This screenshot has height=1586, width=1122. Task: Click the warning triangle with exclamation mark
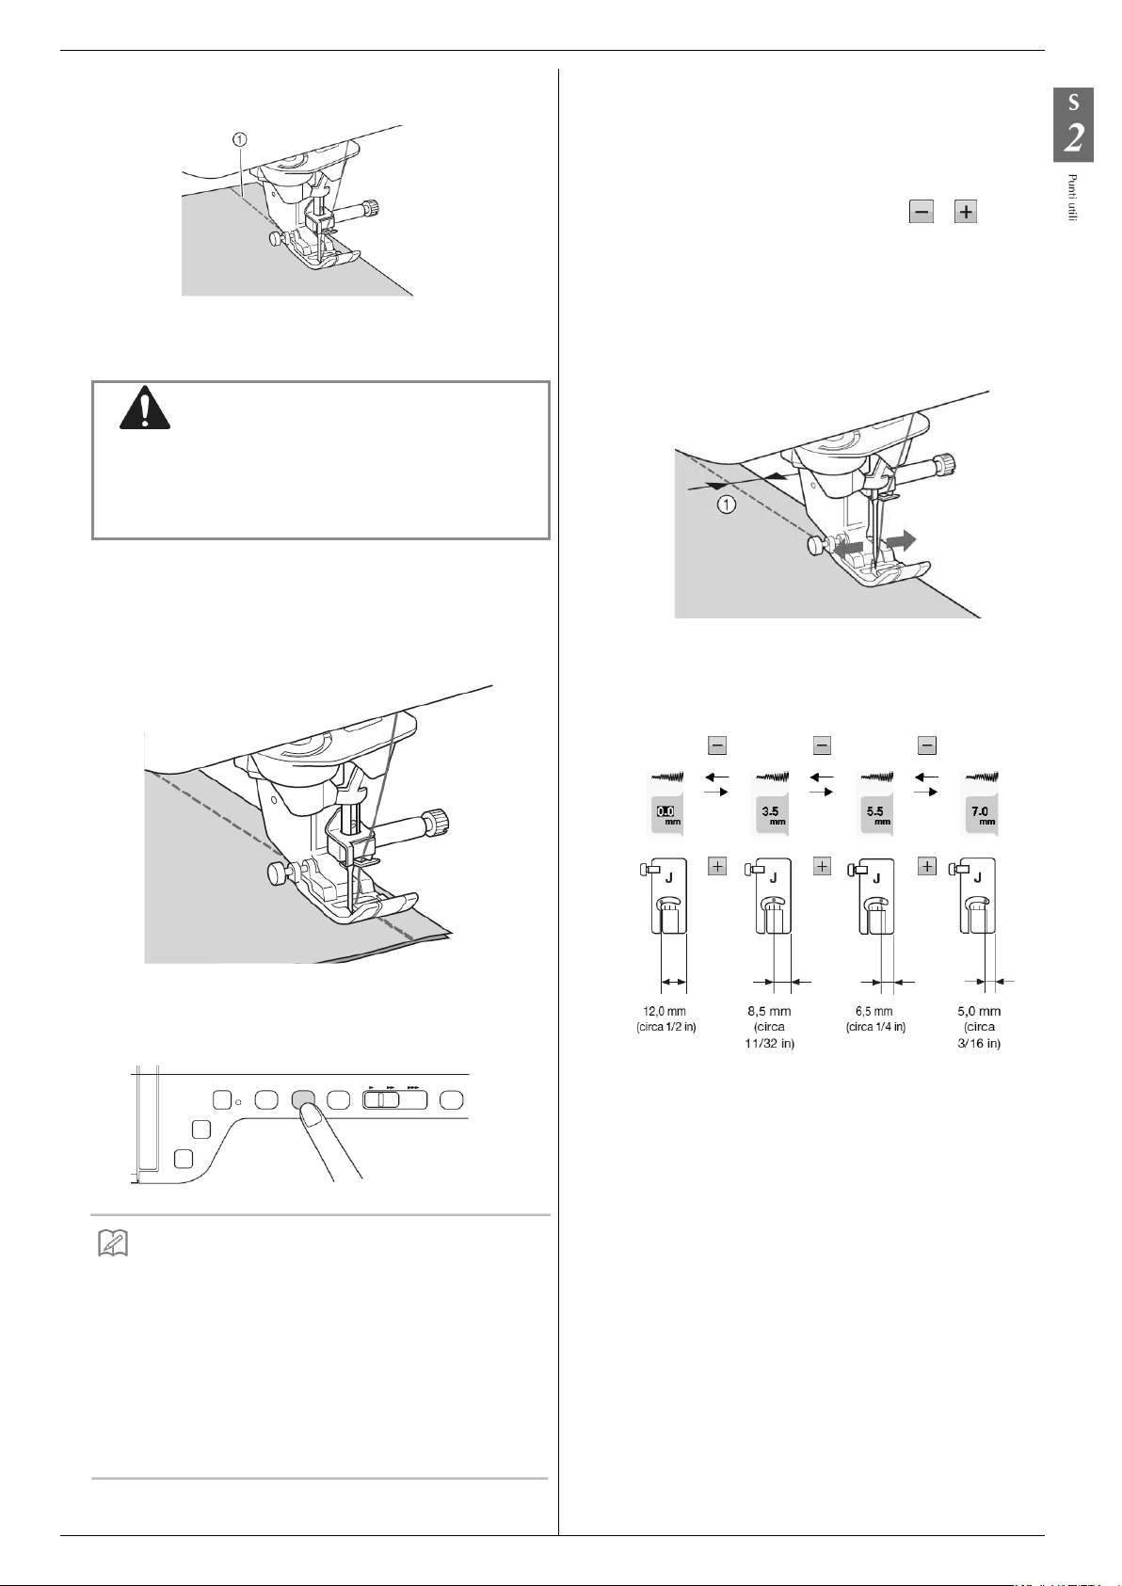[x=144, y=409]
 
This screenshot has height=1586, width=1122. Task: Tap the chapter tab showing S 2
[x=1072, y=125]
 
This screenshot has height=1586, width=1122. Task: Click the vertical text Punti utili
[x=1071, y=198]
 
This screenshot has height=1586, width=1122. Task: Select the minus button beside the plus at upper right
[x=921, y=212]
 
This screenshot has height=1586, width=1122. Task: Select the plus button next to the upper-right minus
[x=966, y=212]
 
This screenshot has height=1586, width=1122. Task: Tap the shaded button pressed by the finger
[x=303, y=1098]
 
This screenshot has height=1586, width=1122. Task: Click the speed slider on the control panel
[x=395, y=1098]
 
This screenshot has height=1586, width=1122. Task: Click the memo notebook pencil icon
[x=113, y=1245]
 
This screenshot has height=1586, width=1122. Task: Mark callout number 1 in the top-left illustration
[x=241, y=138]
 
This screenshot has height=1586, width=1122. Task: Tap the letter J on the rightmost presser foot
[x=978, y=877]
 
